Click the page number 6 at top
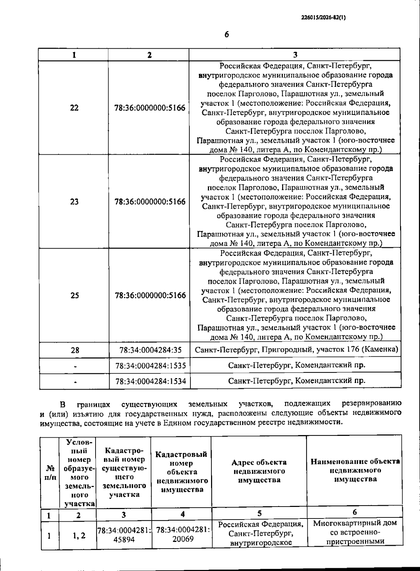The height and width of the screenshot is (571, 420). [226, 35]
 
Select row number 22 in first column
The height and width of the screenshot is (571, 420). [74, 108]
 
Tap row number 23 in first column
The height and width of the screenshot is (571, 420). [74, 202]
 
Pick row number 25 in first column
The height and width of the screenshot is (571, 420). [75, 295]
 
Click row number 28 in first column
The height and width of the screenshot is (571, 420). [75, 350]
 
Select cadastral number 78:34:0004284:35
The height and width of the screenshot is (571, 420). [150, 350]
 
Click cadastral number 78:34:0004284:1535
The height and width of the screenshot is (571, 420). [150, 365]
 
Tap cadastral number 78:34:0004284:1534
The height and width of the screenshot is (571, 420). [150, 381]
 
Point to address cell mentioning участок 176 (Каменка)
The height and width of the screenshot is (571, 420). [296, 350]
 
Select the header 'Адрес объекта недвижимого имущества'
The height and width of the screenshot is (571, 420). [259, 471]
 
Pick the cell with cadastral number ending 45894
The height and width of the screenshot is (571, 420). [124, 535]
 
